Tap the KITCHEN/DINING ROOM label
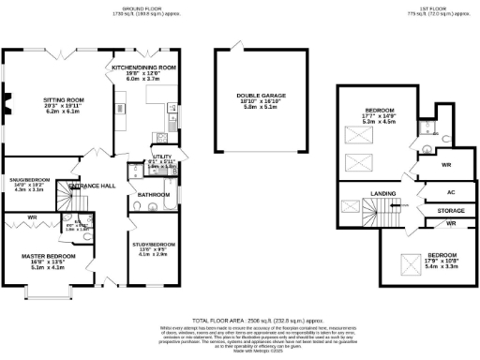144,68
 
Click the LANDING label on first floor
382,194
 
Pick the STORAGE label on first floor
450,211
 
